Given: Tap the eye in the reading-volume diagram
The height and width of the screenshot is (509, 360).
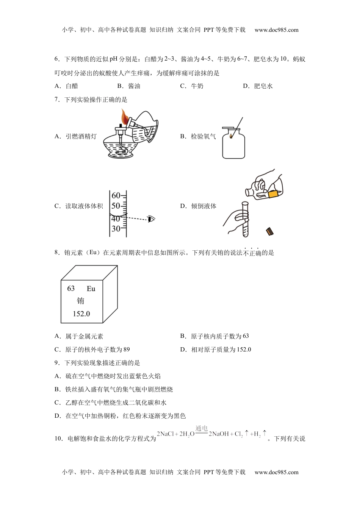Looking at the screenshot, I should coord(152,219).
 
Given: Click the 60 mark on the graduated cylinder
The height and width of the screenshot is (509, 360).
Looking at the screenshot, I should coord(116,195).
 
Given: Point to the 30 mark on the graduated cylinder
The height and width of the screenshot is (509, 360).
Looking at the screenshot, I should coord(116,229).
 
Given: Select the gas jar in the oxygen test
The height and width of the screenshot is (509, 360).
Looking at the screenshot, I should coord(233,144).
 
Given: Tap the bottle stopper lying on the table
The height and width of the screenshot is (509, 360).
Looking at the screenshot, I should coord(270,231).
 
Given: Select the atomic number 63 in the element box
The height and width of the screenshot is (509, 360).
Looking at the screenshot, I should coord(71,289).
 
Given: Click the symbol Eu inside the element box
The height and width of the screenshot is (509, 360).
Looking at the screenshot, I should coord(91,289).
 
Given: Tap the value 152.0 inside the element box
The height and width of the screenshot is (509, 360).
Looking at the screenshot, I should coord(81,314).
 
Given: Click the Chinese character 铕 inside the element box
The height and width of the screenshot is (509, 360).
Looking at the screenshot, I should coord(81,301).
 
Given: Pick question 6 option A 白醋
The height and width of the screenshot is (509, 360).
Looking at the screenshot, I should coord(67,86).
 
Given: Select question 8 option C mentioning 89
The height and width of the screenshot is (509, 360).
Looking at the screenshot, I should coord(92,350).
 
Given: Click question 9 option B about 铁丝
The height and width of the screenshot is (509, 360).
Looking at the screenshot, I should coord(114,389).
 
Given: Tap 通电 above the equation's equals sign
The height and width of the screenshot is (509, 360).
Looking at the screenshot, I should coord(202,429).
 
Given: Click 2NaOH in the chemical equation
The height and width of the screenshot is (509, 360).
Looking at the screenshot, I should coord(219,434).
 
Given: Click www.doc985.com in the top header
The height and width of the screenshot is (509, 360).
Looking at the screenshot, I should coord(276,30).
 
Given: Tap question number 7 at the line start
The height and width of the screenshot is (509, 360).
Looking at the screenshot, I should coord(57,100).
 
